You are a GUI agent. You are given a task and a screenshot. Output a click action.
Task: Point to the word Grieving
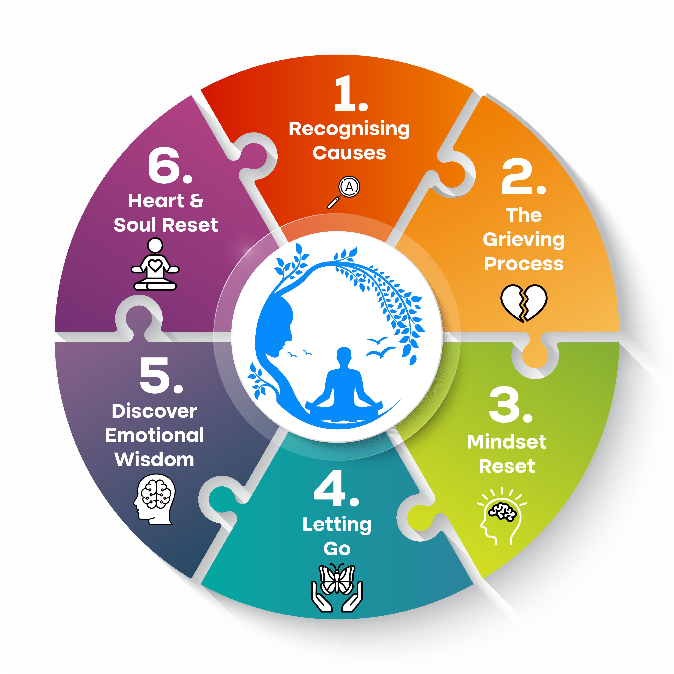point(523,240)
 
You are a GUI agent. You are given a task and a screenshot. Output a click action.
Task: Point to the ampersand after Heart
point(196,201)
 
